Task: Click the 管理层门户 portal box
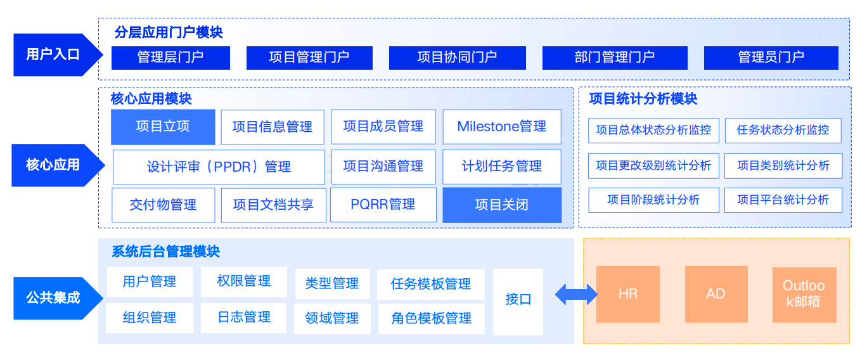[x=170, y=58]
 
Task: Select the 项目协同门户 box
[x=457, y=58]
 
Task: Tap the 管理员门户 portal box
[x=771, y=58]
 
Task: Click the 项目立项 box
[x=163, y=127]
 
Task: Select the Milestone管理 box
[x=501, y=127]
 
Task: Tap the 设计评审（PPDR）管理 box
[x=219, y=167]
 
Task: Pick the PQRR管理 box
[x=383, y=205]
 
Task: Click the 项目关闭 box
[x=501, y=205]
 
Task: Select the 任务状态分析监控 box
[x=783, y=130]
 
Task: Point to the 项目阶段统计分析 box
[x=653, y=200]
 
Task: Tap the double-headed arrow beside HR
[x=575, y=294]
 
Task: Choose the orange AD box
[x=716, y=294]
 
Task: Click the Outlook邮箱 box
[x=804, y=294]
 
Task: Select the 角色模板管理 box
[x=431, y=318]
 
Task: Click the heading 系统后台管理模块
[x=165, y=252]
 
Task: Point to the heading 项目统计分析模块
[x=643, y=99]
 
